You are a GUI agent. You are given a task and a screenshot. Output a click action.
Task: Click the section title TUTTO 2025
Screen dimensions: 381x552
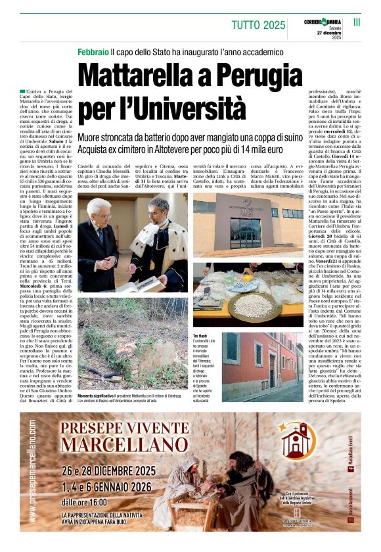pos(258,26)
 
